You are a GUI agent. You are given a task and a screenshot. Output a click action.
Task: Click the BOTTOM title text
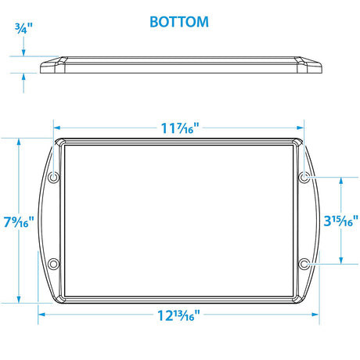coord(180,21)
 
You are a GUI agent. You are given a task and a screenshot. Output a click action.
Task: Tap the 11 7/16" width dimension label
coord(179,128)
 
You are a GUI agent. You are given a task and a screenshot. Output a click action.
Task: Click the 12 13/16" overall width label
coord(179,315)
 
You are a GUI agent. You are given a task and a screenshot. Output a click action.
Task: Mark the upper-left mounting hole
coord(53,178)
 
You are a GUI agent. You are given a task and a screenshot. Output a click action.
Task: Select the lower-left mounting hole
coord(53,263)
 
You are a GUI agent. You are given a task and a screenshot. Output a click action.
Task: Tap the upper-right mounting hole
coord(304,178)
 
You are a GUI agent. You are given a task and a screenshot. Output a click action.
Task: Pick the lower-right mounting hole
coord(304,263)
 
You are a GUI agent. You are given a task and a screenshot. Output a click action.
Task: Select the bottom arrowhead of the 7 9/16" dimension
coord(17,300)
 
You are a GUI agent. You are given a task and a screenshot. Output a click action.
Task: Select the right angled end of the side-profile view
coord(309,65)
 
